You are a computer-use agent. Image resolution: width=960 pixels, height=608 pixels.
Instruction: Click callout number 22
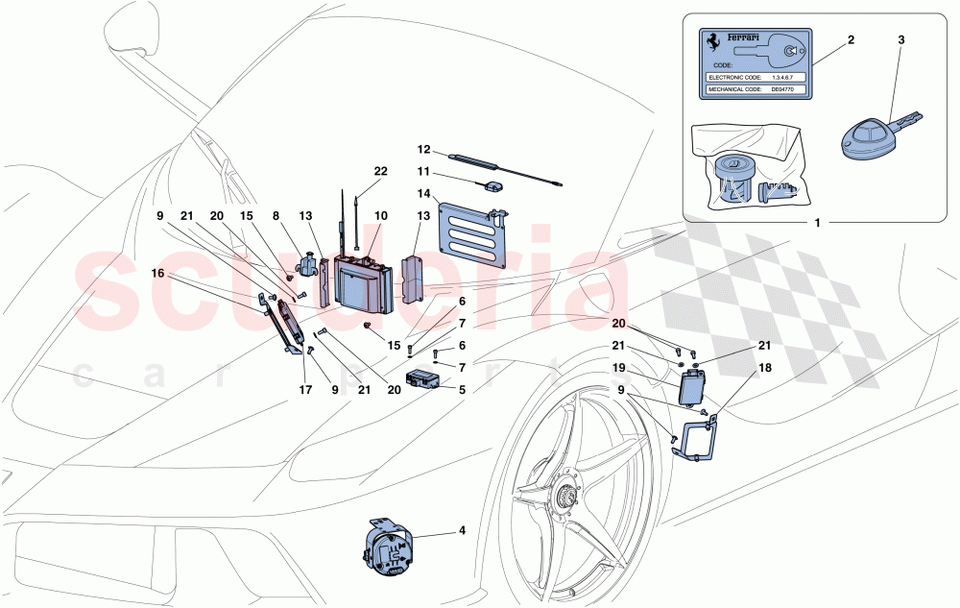pos(381,171)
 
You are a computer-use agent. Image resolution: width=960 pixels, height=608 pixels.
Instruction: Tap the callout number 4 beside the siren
pos(462,530)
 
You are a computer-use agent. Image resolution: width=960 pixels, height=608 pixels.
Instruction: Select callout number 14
pos(424,193)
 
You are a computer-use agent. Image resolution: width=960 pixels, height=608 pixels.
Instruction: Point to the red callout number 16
pos(157,274)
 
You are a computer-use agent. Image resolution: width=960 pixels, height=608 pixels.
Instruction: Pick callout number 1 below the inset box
pos(817,224)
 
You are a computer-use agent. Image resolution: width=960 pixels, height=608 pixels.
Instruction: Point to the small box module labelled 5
pos(425,380)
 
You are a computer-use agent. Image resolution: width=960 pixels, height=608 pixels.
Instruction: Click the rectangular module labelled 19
pos(693,389)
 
